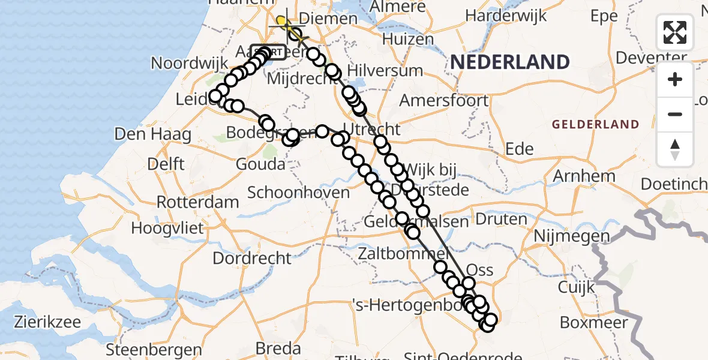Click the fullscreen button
pyautogui.click(x=675, y=32)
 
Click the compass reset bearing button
pyautogui.click(x=675, y=149)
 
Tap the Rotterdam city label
pyautogui.click(x=198, y=202)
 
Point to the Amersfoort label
pyautogui.click(x=444, y=100)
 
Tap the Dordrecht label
pyautogui.click(x=251, y=259)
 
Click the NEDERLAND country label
pyautogui.click(x=509, y=62)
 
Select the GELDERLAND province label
pyautogui.click(x=595, y=125)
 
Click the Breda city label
pyautogui.click(x=278, y=348)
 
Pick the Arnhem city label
pyautogui.click(x=586, y=176)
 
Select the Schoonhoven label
pyautogui.click(x=298, y=193)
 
